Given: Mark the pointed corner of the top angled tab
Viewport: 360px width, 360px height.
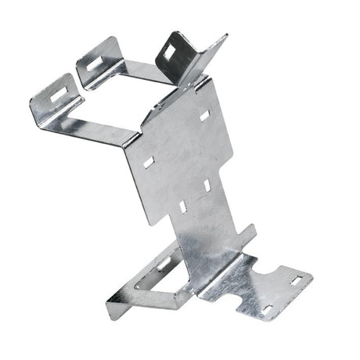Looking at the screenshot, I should tap(226, 36).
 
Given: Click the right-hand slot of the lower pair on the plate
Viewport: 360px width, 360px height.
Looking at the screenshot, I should tap(206, 184).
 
